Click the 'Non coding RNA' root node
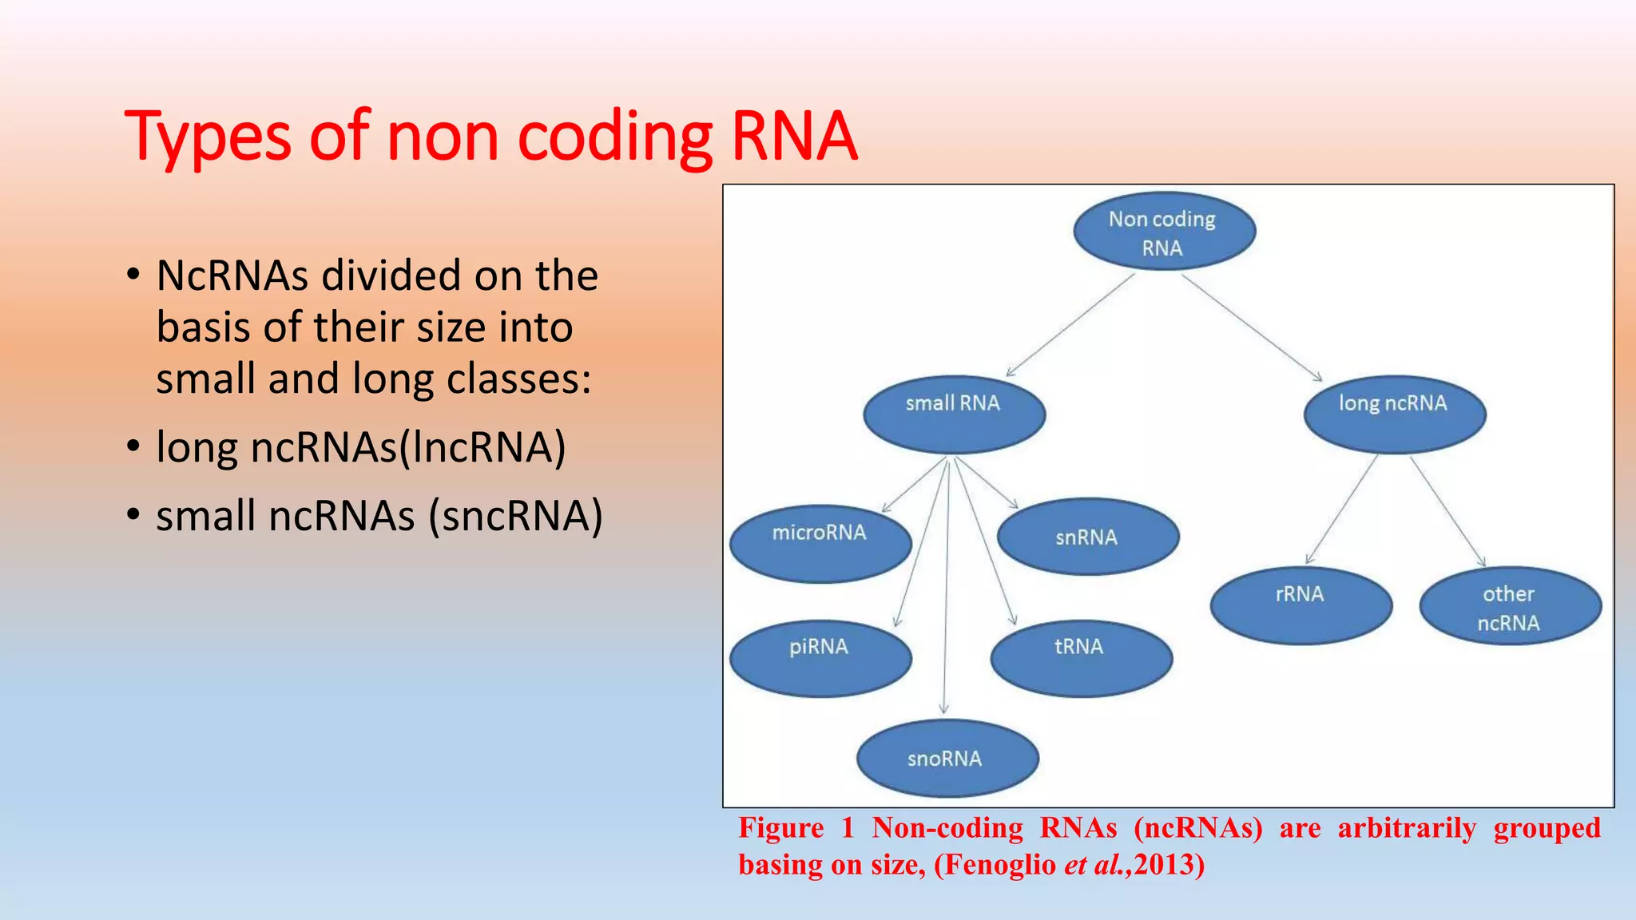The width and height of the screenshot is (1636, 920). coord(1164,232)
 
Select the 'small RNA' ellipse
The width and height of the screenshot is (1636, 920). coord(954,414)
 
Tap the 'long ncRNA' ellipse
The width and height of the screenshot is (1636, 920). coord(1394,414)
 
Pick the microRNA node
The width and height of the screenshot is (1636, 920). coord(820,543)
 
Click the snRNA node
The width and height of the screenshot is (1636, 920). coord(1088,537)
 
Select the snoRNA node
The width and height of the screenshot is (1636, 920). coord(947,758)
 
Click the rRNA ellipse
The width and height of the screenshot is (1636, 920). coord(1300,605)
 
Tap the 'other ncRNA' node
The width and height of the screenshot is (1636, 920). coord(1510,606)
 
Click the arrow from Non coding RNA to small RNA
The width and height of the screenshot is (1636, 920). coord(1070,325)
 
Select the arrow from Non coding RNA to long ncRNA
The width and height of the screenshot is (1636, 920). coord(1252,327)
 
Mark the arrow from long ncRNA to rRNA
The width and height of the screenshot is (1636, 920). coord(1342,510)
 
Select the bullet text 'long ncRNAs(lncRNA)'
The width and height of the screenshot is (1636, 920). coord(361,447)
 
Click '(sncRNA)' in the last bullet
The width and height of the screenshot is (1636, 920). coord(516,516)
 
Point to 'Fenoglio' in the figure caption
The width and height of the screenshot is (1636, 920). coord(995,865)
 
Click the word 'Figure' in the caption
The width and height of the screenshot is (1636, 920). coord(780,828)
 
